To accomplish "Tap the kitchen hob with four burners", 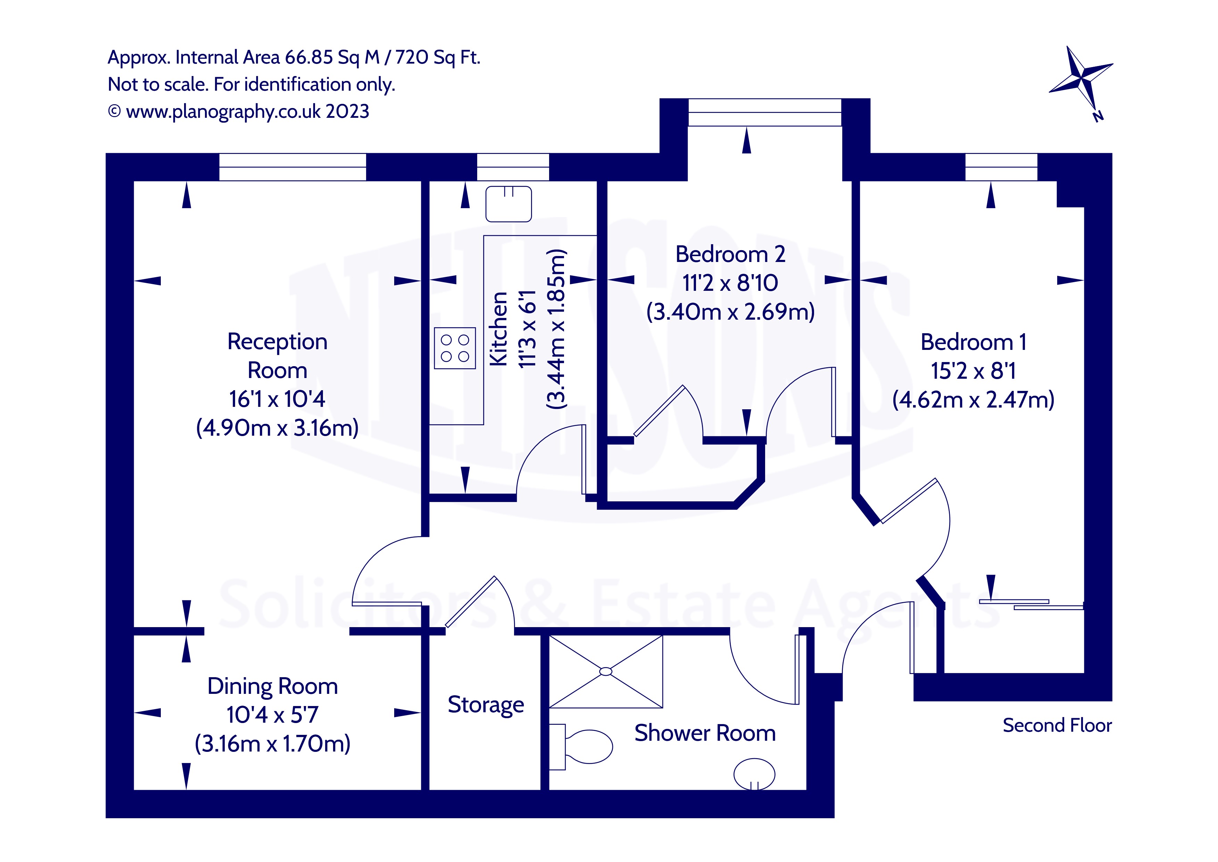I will click(x=455, y=348).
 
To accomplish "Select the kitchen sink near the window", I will click(x=508, y=204).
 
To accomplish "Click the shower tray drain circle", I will click(x=605, y=672).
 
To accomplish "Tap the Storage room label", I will click(x=486, y=705).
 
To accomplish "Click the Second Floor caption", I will click(x=1057, y=725).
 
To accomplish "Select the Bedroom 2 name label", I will click(x=730, y=254).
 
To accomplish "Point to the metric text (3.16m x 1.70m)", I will click(x=273, y=744).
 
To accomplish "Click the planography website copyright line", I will click(x=239, y=112).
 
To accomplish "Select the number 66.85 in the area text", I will click(x=309, y=57).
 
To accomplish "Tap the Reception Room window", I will click(x=292, y=167).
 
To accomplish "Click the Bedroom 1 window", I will click(x=1001, y=167).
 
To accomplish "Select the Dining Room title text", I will click(x=273, y=686).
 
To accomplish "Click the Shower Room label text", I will click(x=705, y=733).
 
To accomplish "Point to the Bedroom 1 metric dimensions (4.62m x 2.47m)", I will click(x=973, y=400).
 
